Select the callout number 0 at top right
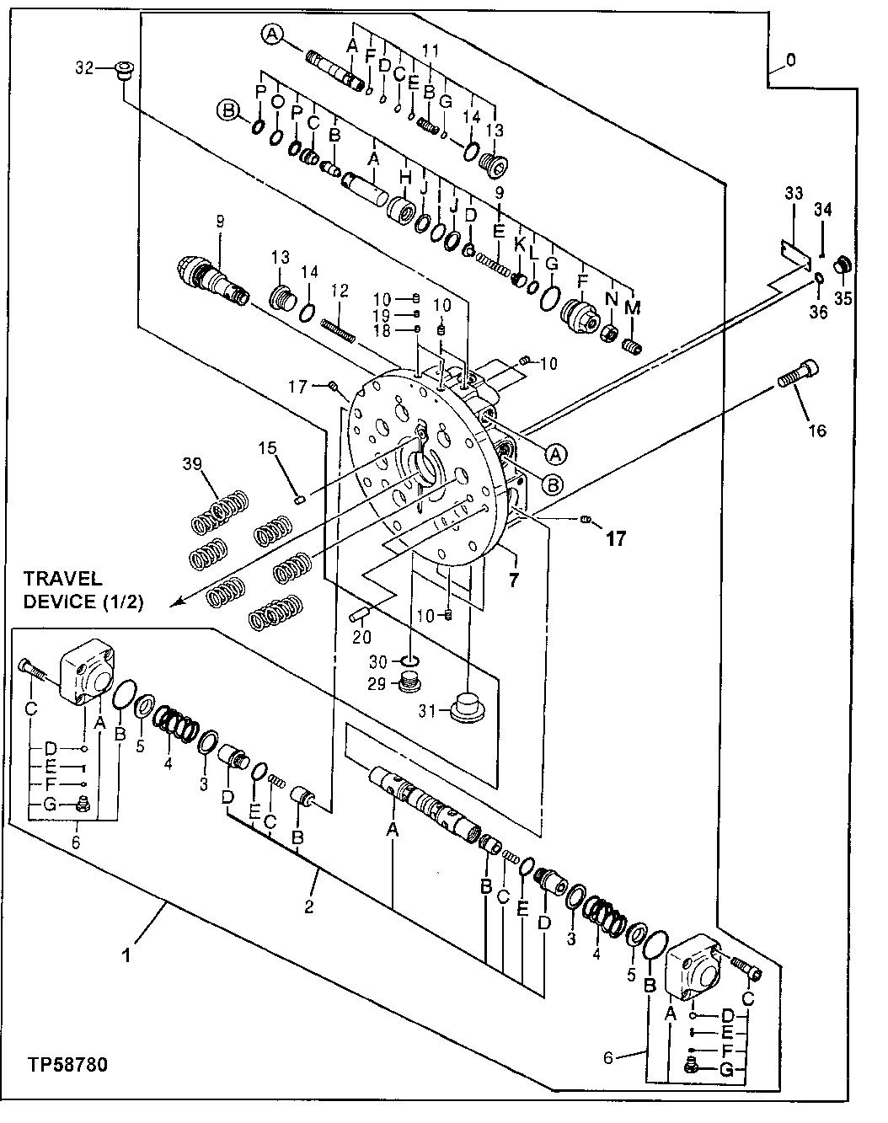[x=789, y=61]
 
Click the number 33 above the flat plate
[x=794, y=193]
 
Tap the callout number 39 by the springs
[x=192, y=464]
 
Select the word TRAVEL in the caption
[x=62, y=579]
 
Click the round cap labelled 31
[x=466, y=706]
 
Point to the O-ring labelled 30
[x=409, y=660]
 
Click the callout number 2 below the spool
[x=309, y=906]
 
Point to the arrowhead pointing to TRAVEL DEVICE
[x=175, y=602]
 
